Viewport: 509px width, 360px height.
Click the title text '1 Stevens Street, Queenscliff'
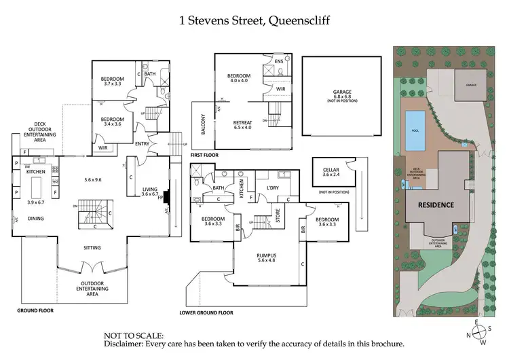click(254, 20)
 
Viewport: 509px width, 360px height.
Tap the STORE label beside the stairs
click(276, 218)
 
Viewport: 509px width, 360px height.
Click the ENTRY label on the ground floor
click(143, 143)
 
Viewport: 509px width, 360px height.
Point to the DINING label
click(35, 218)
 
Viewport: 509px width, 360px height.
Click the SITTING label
click(92, 249)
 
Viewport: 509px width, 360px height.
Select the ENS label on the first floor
click(278, 61)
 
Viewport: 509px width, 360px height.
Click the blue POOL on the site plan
click(412, 130)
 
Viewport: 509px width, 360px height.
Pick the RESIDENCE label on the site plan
click(435, 204)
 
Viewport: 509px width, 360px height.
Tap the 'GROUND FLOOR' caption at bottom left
click(35, 310)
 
